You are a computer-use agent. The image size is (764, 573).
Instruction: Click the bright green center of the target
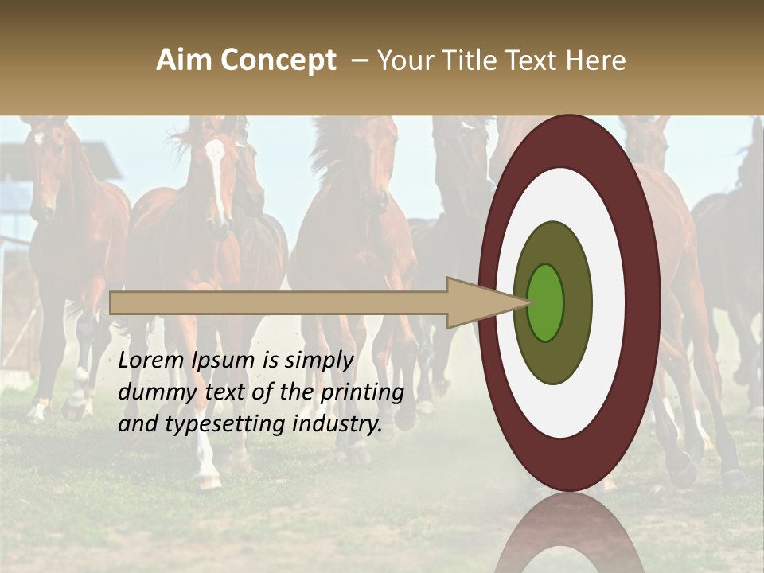[546, 302]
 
